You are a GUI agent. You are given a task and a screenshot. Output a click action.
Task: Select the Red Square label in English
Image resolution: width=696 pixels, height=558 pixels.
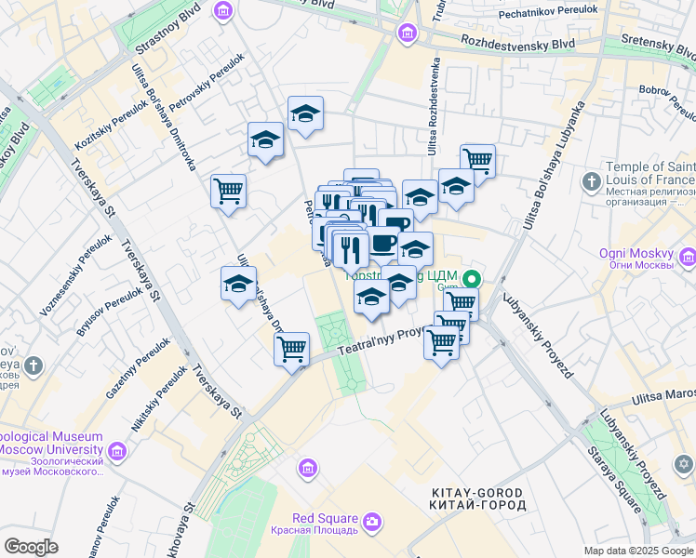click(x=325, y=518)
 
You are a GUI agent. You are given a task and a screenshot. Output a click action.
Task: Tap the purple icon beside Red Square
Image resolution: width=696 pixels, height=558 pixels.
click(x=372, y=524)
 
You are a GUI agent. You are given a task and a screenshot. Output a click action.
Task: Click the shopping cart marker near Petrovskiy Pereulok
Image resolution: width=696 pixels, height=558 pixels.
click(x=228, y=192)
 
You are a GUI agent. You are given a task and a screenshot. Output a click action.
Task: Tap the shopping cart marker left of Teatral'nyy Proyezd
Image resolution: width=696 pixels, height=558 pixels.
click(x=291, y=350)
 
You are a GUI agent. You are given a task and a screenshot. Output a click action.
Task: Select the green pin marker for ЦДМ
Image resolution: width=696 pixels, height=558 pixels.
click(x=473, y=277)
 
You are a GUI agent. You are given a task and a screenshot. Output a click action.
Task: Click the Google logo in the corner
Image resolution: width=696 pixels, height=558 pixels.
click(x=31, y=546)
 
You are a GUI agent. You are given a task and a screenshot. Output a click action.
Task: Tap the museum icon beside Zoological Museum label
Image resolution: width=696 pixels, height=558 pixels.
click(x=116, y=451)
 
